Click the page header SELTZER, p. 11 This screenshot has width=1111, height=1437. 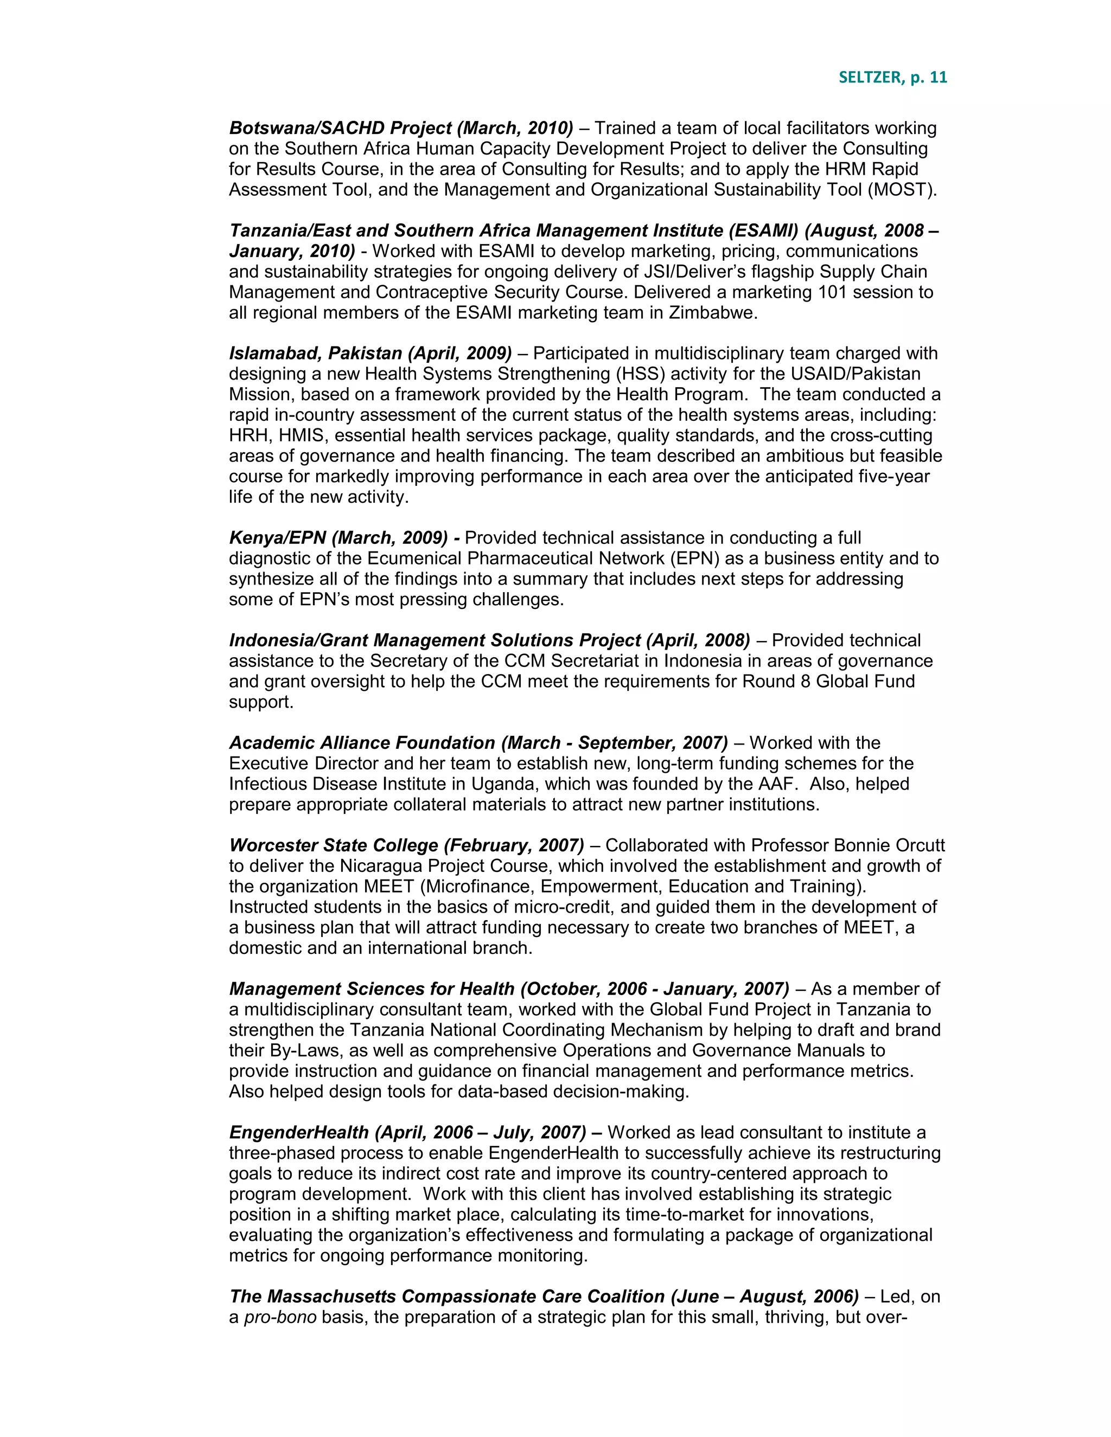click(x=892, y=78)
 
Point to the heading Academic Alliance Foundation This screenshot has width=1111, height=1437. click(x=361, y=743)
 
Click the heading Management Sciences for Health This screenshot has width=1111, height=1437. click(x=371, y=989)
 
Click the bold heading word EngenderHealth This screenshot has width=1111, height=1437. click(x=299, y=1132)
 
